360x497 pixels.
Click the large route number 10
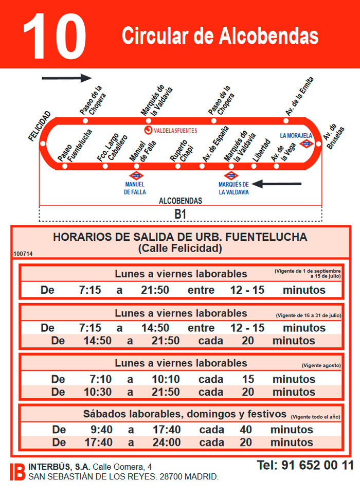[x=54, y=35]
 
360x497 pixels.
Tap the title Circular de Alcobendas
[x=220, y=36]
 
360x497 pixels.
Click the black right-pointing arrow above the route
[x=66, y=78]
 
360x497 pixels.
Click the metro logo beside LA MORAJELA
[x=307, y=144]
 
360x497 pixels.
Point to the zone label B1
[x=180, y=215]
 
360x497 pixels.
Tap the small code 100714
[x=23, y=253]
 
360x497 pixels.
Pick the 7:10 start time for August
[x=100, y=379]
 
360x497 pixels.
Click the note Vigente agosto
[x=321, y=365]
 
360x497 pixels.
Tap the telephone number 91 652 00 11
[x=305, y=466]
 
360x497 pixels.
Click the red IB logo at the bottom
[x=17, y=472]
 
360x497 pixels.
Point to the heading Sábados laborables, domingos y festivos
[x=185, y=414]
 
